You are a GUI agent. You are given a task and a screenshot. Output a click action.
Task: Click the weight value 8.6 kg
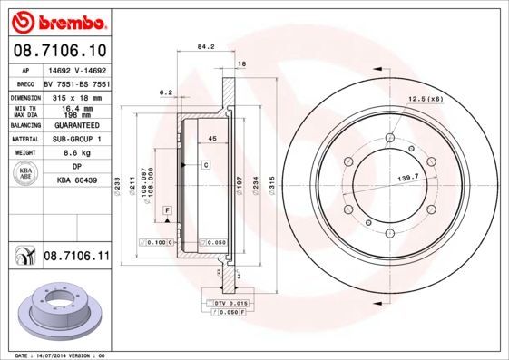[73, 153]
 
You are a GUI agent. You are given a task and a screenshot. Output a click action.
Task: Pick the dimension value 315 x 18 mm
[73, 96]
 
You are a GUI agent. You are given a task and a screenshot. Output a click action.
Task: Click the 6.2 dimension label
[166, 92]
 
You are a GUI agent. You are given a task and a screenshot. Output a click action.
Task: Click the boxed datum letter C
[206, 164]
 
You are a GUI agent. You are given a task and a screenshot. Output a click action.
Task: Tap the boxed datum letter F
[168, 210]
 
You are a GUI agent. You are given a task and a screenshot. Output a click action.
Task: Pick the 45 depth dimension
[211, 137]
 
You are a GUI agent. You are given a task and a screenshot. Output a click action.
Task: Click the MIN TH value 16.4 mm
[73, 108]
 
